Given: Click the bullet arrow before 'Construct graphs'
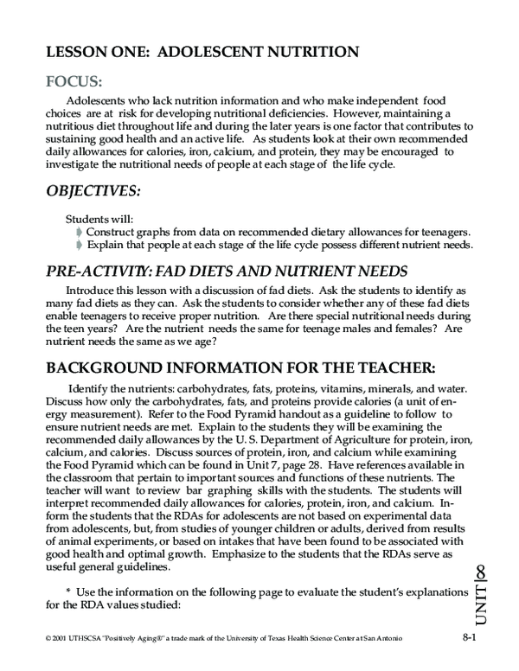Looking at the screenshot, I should click(x=80, y=232).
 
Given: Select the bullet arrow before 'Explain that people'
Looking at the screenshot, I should click(x=80, y=245).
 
